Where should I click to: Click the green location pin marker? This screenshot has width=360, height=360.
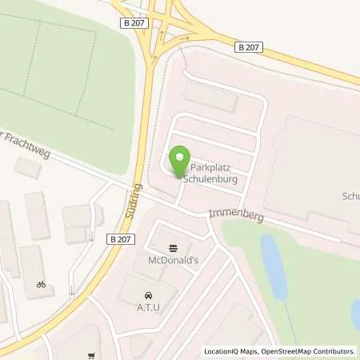tap(181, 161)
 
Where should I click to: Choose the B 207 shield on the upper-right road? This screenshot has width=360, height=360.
tap(250, 49)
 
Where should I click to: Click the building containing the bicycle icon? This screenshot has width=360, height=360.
tap(33, 272)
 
